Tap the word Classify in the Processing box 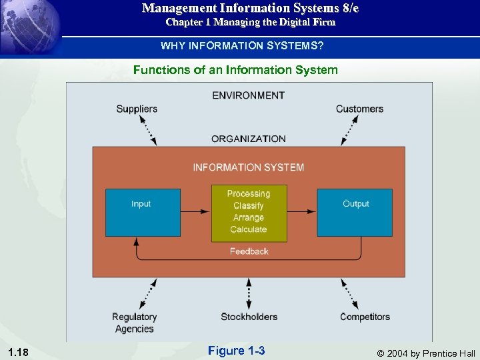[249, 206]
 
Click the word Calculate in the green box [249, 230]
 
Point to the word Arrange [249, 218]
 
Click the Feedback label [249, 251]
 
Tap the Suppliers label [137, 109]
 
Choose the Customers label [359, 109]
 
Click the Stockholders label [249, 317]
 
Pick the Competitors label [365, 317]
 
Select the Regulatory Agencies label [134, 323]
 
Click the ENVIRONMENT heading [249, 95]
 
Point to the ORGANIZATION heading [249, 139]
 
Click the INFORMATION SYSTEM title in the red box [249, 167]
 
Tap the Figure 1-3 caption [236, 350]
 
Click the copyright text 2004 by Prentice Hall [427, 353]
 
